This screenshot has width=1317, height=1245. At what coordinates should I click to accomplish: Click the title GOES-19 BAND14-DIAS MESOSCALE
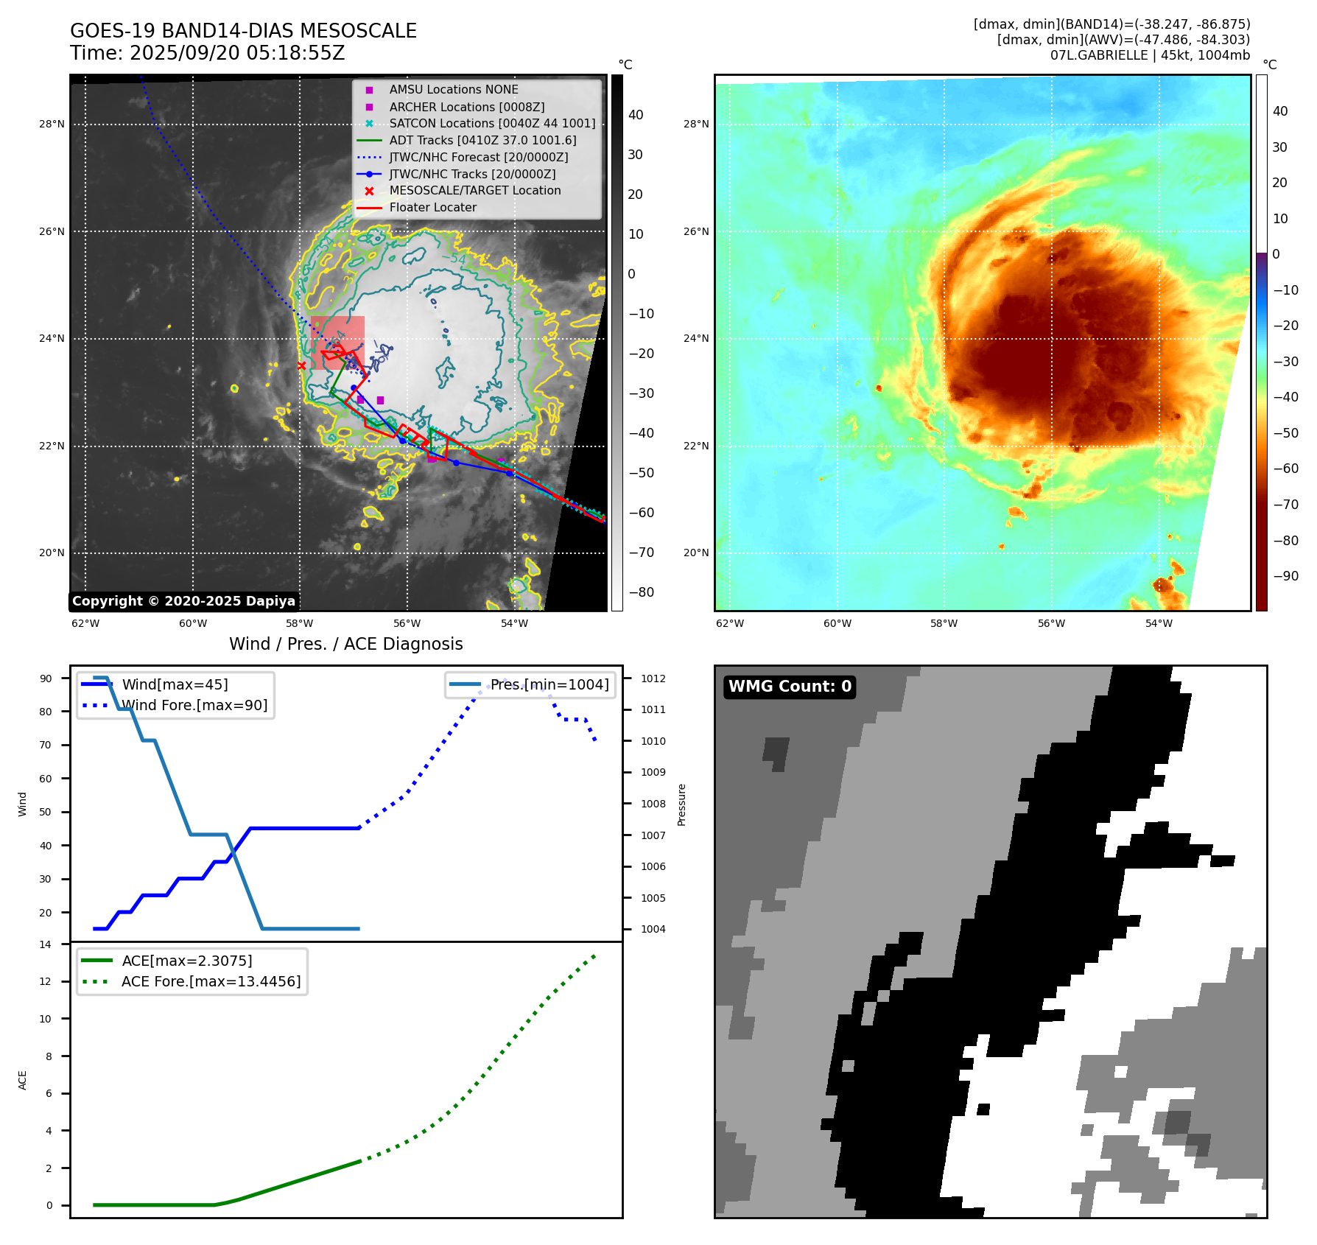pos(243,31)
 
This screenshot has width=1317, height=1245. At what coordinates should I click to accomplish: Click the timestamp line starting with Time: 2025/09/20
pos(207,53)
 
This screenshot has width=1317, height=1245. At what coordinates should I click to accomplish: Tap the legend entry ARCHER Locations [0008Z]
pos(466,107)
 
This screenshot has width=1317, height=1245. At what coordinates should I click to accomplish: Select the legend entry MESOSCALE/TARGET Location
pos(474,190)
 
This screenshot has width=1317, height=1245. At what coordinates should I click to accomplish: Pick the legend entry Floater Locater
pos(432,207)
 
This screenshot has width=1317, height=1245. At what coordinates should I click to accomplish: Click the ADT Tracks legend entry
pos(482,140)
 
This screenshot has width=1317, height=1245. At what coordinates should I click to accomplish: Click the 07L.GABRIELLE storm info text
pos(1150,55)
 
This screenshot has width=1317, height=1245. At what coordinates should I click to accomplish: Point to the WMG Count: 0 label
pos(789,687)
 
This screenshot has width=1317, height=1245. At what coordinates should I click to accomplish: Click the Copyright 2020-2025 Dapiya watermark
pos(183,601)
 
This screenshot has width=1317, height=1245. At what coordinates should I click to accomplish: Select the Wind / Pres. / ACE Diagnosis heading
pos(345,644)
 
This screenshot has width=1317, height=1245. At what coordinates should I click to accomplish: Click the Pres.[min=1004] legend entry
pos(549,684)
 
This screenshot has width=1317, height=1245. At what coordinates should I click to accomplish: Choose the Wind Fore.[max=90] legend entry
pos(194,705)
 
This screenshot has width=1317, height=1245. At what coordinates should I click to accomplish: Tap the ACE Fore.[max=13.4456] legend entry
pos(211,981)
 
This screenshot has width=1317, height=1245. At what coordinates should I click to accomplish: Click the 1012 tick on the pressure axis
pos(653,678)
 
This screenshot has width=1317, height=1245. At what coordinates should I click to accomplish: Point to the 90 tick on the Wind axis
pos(46,678)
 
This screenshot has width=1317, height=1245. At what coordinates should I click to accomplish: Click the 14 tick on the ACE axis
pos(46,944)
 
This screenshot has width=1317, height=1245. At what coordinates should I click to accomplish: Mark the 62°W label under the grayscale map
pos(85,623)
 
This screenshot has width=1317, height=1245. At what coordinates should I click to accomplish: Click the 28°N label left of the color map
pos(696,124)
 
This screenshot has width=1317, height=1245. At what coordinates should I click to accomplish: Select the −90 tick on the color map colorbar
pos(1285,576)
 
